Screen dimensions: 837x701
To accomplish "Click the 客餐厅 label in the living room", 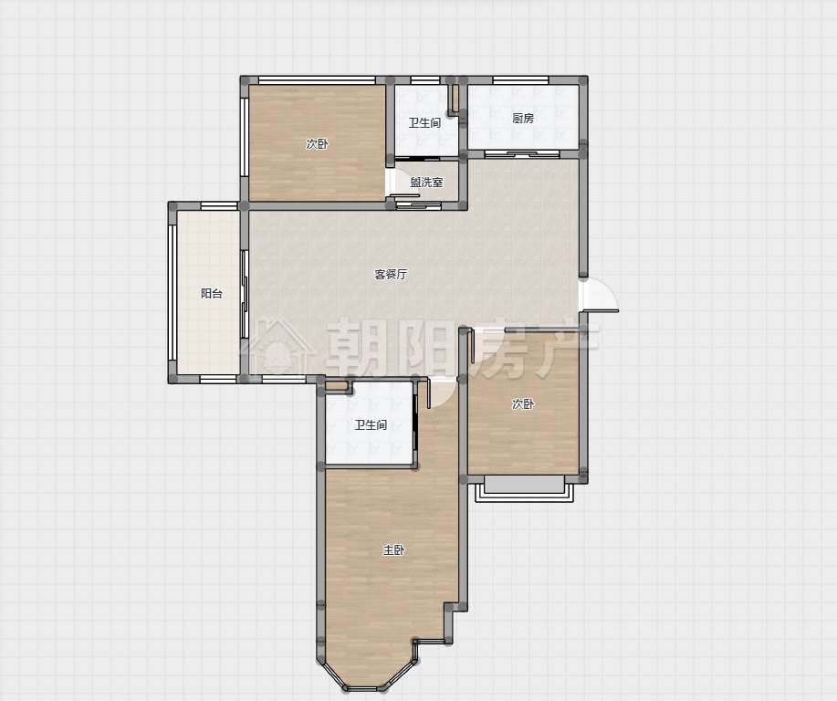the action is tap(391, 275).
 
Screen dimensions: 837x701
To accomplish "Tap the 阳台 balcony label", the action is tap(212, 293).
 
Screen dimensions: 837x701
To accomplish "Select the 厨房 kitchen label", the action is tap(523, 118).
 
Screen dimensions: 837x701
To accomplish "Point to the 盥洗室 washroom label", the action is tap(426, 182).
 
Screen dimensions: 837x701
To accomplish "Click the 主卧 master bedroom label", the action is tap(393, 549).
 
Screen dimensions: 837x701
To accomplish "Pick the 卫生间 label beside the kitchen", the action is tap(425, 123).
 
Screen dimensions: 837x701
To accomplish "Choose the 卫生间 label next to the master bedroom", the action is tap(371, 425).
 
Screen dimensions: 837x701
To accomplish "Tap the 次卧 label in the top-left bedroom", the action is tap(317, 143).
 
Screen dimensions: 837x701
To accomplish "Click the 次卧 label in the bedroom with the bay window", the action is tap(523, 404).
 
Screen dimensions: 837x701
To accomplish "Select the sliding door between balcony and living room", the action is tap(245, 294).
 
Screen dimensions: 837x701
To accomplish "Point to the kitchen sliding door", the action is tap(522, 154).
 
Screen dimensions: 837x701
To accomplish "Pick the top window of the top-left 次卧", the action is tap(317, 80).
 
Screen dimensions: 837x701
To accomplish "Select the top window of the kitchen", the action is tap(520, 80).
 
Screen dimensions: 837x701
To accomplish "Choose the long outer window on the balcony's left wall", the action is tap(173, 292).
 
